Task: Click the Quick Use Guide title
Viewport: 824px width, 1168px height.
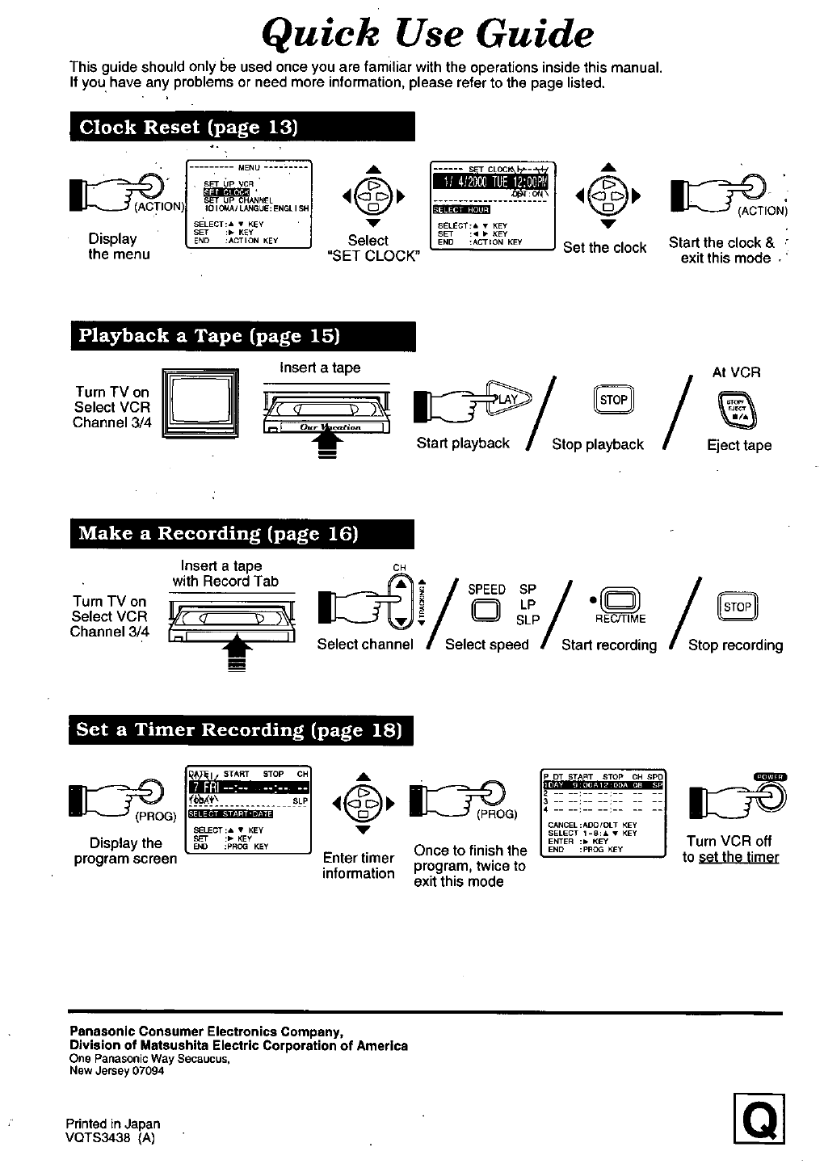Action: pos(428,34)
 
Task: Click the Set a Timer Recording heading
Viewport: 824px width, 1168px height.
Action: pos(239,730)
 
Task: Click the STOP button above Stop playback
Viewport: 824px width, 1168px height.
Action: pos(614,400)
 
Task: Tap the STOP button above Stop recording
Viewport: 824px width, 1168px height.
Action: pos(737,607)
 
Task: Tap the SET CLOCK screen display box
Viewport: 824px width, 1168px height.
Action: pos(492,205)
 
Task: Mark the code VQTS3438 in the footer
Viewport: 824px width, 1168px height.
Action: pos(103,1138)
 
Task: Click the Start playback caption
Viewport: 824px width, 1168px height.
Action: pos(463,443)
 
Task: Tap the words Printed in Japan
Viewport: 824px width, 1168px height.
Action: pos(113,1124)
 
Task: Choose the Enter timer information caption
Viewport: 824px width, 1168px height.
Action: pos(359,866)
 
